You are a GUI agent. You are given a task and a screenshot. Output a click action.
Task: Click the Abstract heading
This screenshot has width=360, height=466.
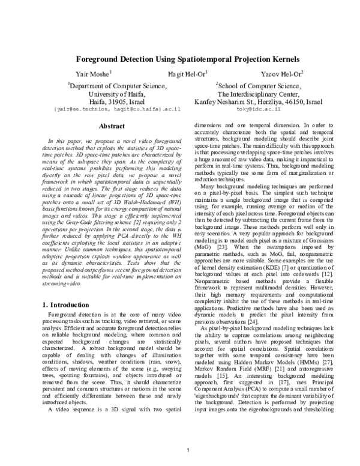click(111, 127)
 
